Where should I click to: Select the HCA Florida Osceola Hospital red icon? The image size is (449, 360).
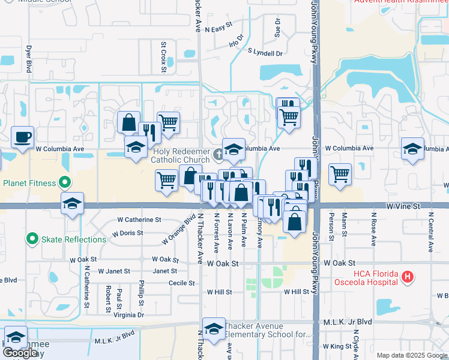tap(408, 277)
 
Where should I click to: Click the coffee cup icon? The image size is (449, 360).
tap(23, 137)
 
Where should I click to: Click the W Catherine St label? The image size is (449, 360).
tap(139, 220)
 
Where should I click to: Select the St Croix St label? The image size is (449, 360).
tap(163, 57)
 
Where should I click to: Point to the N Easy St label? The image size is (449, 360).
tap(218, 29)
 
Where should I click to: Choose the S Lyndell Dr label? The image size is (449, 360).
tap(265, 53)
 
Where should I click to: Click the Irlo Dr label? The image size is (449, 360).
tap(236, 41)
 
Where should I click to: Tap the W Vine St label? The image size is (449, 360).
tap(402, 206)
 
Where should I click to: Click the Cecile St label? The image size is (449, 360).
tap(182, 283)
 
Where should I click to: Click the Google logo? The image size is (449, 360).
tap(20, 353)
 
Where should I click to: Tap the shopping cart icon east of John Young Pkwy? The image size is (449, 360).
tap(340, 175)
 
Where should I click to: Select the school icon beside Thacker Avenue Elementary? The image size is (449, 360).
tap(214, 328)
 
